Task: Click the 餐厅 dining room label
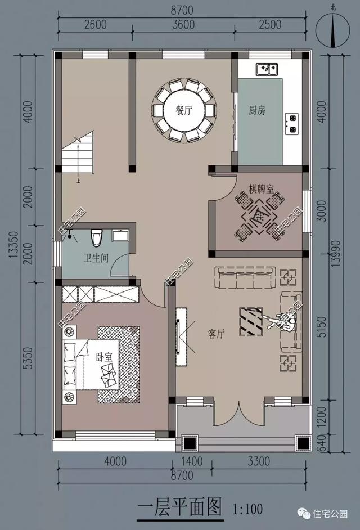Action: point(184,110)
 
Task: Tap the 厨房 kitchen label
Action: point(257,110)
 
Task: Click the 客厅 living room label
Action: point(216,334)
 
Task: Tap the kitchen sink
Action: point(264,69)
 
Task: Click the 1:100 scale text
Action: point(247,510)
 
